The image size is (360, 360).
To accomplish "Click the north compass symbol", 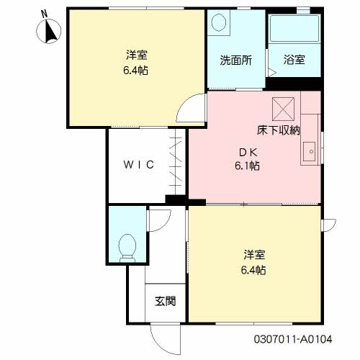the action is coord(49,31).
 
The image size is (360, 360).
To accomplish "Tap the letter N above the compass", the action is coord(45,14).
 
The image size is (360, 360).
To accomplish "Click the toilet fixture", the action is coord(127,248).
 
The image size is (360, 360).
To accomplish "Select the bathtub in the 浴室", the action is coord(294,28).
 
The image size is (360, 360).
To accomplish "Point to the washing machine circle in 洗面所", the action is coord(218,22).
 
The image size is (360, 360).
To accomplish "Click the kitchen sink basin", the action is coord(310,152).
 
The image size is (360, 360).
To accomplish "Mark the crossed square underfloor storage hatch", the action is coord(283,109).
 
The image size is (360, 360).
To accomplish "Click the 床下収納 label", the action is coord(279,130).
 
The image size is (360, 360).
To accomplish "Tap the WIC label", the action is coord(139,165).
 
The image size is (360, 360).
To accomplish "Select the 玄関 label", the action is coord(166,301).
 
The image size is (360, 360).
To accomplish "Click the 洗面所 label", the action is coord(236,60).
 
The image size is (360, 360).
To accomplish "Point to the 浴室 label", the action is coord(294,60).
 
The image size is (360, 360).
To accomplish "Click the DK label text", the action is coord(248,153).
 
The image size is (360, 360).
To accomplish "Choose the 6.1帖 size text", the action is coord(247,166).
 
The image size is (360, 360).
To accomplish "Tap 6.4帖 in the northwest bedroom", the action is coord(135,71).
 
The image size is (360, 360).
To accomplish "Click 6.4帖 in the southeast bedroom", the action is coord(253,270).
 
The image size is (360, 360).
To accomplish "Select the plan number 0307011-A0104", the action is coord(293,339).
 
